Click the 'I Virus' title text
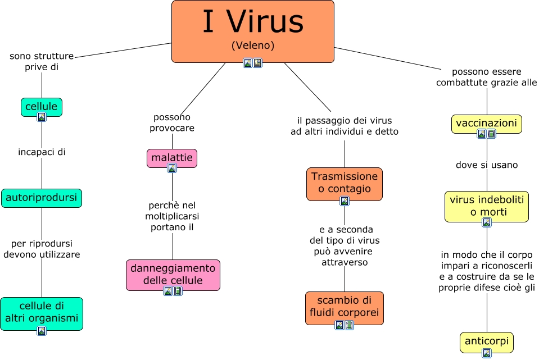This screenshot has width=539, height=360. pos(252,22)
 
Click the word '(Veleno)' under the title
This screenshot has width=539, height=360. pos(252,45)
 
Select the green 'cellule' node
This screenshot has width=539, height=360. pos(42,106)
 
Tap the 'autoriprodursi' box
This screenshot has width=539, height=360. pos(42,198)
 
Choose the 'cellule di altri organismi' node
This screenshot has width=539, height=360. pos(42,313)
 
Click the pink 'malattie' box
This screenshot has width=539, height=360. pos(172,158)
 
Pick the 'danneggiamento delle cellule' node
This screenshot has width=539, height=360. pos(173,274)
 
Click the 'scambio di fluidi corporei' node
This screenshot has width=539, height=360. pos(345,306)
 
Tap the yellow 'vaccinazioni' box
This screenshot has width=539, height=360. pos(487,123)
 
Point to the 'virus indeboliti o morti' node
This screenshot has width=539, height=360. pos(487,206)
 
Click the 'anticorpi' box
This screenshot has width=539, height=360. pos(487,341)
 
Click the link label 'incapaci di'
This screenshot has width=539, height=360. pos(42,152)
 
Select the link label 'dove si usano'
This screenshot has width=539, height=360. pos(487,165)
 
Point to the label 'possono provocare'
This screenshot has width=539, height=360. pos(172,122)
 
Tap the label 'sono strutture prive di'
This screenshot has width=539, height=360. pos(42,61)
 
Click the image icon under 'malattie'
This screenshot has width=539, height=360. pos(172,168)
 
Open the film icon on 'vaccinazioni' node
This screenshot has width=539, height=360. pos(492,134)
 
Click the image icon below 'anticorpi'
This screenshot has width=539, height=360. pos(487,353)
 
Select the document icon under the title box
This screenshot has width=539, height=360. pos(257,63)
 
